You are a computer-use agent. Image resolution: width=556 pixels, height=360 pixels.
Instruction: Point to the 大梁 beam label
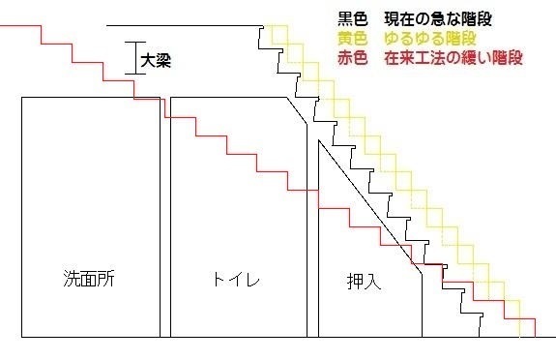point(158,59)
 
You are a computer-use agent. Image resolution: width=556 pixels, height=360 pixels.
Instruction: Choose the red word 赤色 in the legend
point(350,58)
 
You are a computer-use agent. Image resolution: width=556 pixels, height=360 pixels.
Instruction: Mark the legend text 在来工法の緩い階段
point(453,58)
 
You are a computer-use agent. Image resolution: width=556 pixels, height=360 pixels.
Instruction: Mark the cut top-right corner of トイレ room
point(299,108)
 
